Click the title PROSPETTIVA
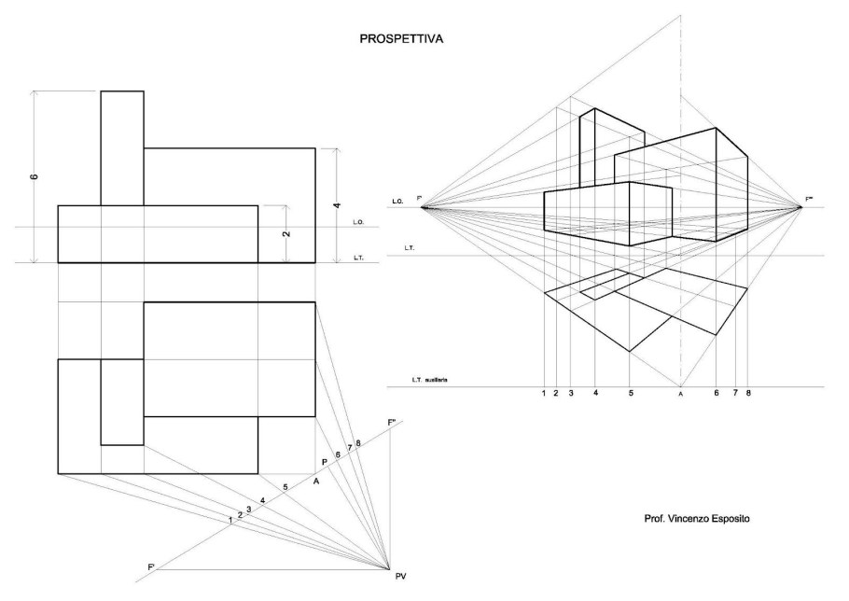point(402,40)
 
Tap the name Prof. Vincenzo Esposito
point(689,519)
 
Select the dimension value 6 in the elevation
point(35,176)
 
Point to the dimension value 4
point(338,205)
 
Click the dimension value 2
point(285,233)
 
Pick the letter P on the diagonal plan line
point(324,462)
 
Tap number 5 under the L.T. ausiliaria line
point(631,394)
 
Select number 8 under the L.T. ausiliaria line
point(748,394)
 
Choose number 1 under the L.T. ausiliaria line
point(543,394)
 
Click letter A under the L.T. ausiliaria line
point(681,395)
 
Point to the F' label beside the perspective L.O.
point(420,199)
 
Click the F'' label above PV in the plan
point(393,423)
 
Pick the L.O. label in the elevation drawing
point(358,222)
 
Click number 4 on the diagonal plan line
point(264,501)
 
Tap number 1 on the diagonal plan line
point(230,520)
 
